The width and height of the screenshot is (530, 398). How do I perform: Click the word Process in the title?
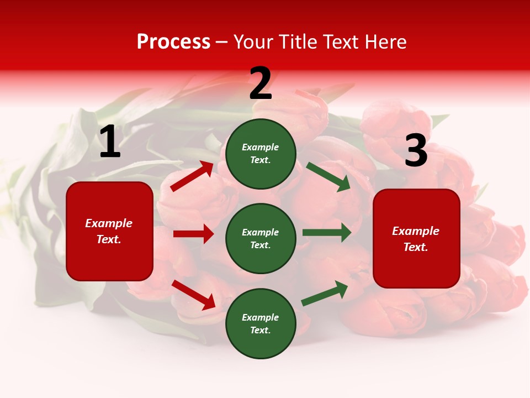tap(173, 41)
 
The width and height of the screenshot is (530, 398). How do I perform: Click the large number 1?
tap(110, 142)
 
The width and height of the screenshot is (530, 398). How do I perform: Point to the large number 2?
tap(261, 83)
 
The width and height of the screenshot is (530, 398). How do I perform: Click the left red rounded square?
tap(109, 231)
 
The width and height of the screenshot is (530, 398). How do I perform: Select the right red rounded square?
tap(416, 238)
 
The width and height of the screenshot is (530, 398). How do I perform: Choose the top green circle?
tap(261, 154)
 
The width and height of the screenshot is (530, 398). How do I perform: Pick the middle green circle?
tap(261, 238)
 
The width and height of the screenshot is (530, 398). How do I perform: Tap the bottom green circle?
tap(261, 323)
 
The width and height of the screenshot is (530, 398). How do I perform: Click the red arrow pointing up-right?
tap(192, 176)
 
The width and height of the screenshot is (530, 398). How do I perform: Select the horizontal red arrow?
tap(193, 234)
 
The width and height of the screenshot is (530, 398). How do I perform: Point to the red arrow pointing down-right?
tap(193, 295)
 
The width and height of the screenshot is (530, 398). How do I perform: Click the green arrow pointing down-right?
tap(328, 177)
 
